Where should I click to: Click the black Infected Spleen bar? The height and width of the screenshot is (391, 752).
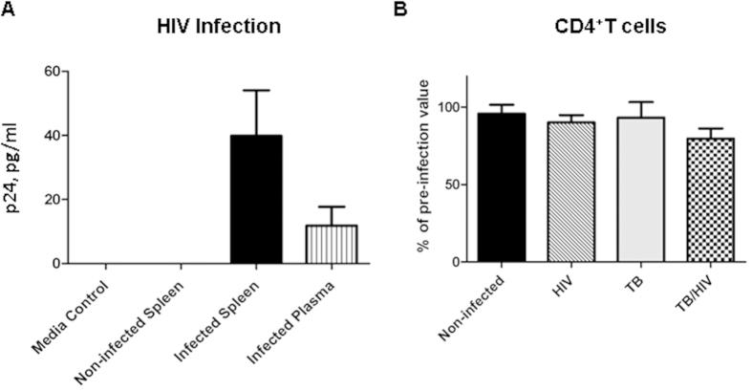tap(256, 199)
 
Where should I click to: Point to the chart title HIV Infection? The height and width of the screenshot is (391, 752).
tap(219, 27)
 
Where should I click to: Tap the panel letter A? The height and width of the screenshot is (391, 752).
tap(9, 10)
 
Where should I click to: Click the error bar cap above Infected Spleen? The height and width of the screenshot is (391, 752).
tap(256, 90)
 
